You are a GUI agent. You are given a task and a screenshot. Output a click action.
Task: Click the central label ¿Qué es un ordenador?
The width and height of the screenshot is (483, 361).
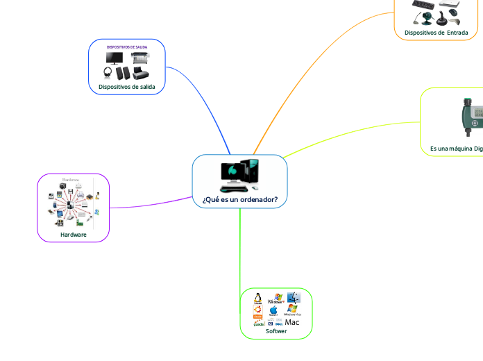click(x=239, y=200)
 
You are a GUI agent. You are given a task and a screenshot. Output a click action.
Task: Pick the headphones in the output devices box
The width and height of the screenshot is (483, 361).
click(x=108, y=72)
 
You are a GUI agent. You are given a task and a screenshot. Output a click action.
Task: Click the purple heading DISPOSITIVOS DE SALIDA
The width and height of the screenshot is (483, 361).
click(x=126, y=47)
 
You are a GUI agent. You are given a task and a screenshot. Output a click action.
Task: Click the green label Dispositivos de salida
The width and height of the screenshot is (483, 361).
click(x=127, y=87)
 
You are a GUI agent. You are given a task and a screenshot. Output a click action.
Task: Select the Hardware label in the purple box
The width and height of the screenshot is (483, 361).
click(x=74, y=235)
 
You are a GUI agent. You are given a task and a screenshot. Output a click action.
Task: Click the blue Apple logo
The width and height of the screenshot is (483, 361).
click(x=273, y=310)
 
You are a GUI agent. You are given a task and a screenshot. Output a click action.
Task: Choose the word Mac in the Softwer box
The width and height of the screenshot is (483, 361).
click(x=292, y=322)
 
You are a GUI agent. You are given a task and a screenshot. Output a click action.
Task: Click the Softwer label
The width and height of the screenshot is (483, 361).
click(x=276, y=331)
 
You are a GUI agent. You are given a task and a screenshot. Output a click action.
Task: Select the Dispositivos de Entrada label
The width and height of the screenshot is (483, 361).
click(x=441, y=33)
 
